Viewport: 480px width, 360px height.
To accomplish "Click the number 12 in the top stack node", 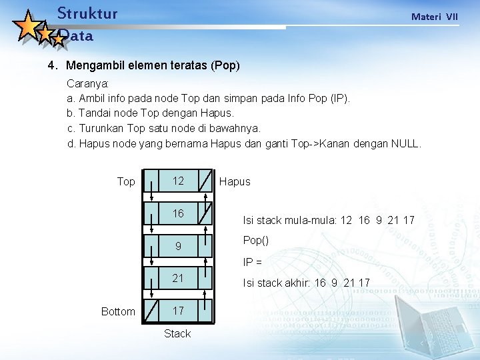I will click(178, 181).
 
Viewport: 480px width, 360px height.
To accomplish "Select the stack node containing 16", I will click(178, 213).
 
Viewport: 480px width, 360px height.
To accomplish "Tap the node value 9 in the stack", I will click(178, 246).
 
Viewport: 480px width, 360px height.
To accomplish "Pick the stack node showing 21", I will click(178, 278).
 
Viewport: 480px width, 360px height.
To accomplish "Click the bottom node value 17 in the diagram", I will click(178, 311).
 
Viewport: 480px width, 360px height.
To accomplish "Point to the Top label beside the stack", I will click(126, 182).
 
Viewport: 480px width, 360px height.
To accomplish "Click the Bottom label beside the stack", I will click(118, 311).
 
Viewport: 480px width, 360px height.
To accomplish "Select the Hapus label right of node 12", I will click(235, 182).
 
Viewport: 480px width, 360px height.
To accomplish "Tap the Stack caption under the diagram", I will click(177, 333).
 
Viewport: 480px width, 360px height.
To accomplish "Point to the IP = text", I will click(253, 262).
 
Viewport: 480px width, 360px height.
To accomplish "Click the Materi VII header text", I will click(434, 17).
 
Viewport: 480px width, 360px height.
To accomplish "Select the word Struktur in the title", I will click(87, 13).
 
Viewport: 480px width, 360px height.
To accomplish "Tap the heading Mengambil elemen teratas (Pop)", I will click(143, 66).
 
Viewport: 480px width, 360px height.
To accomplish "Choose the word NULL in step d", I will click(405, 143).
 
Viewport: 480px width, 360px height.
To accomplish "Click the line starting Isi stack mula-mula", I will click(329, 219).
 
